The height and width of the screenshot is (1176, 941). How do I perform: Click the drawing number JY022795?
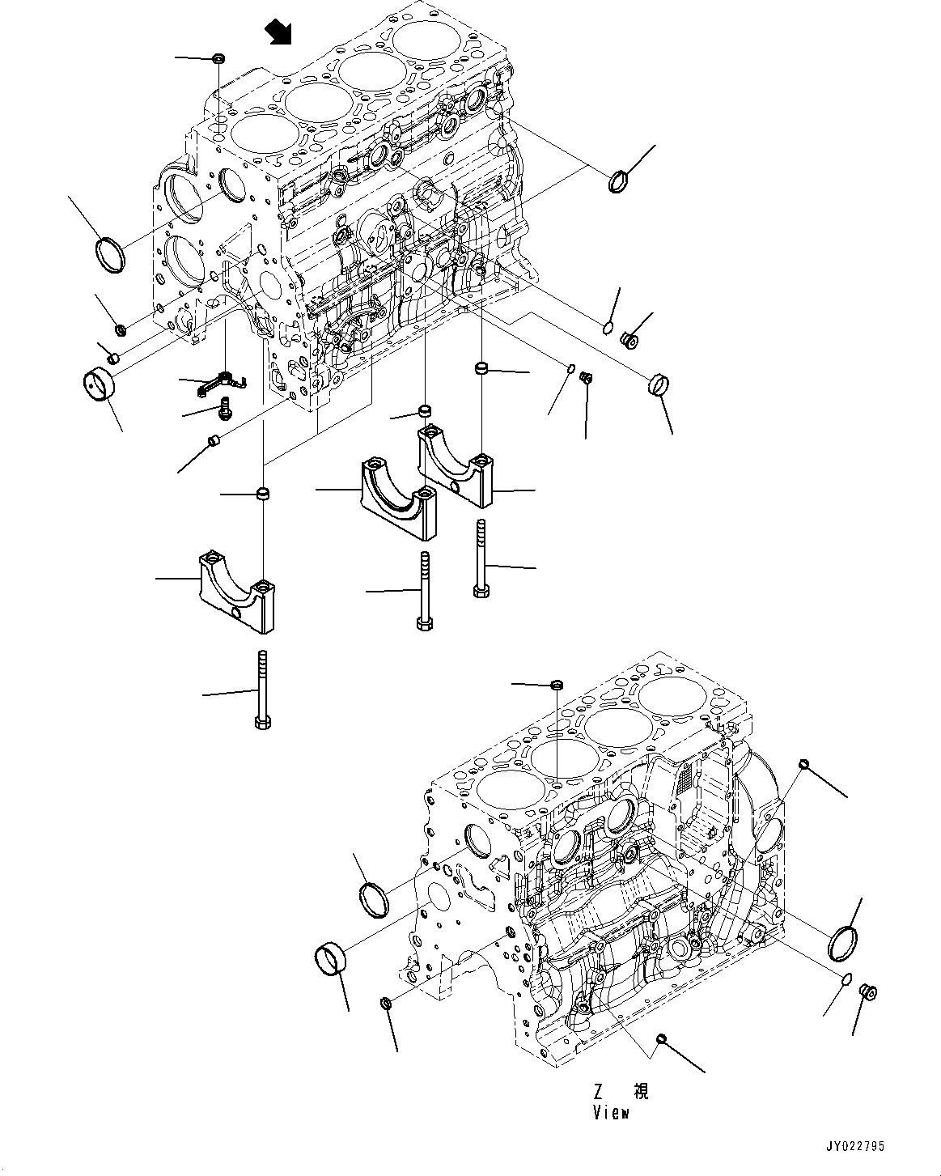tap(854, 1146)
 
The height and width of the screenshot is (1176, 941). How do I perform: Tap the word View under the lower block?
tap(610, 1113)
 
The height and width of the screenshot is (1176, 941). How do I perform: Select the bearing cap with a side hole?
tap(234, 594)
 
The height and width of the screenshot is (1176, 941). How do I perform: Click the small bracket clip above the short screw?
tap(219, 381)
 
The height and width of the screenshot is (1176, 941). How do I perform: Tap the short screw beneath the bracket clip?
tap(225, 408)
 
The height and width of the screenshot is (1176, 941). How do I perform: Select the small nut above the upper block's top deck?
tap(218, 58)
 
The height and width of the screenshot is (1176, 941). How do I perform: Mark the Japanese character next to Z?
tap(640, 1092)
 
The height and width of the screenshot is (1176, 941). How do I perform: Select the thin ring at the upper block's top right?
tap(618, 181)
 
